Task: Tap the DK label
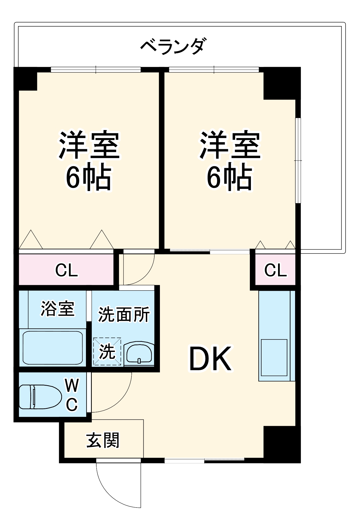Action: (x=210, y=359)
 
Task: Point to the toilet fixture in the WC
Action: (x=40, y=397)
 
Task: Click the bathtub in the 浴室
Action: (x=52, y=347)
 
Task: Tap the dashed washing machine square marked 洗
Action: (x=107, y=351)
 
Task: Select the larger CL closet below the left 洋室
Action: (x=67, y=270)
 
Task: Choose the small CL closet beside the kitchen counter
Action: (x=275, y=270)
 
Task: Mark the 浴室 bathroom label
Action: (x=57, y=309)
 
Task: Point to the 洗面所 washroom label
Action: (x=124, y=314)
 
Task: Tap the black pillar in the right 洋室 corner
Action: (x=279, y=83)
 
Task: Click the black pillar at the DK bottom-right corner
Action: (x=282, y=444)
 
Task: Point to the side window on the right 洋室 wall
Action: (x=298, y=160)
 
